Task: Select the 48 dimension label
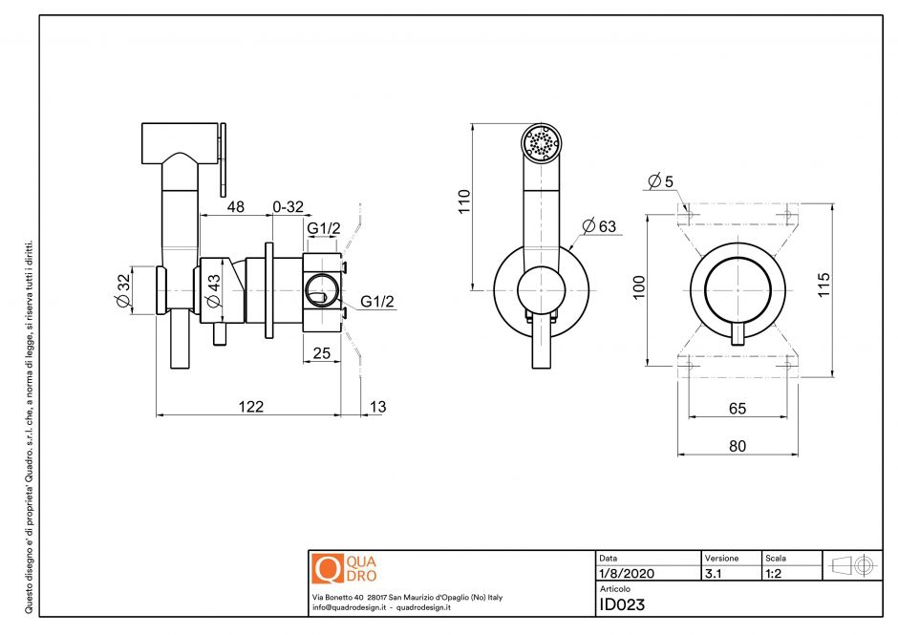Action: click(x=235, y=207)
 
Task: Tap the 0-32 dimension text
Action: click(x=288, y=207)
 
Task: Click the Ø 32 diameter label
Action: click(x=122, y=291)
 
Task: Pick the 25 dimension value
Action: click(x=321, y=353)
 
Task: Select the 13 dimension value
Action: click(x=377, y=407)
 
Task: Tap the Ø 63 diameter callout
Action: click(x=600, y=226)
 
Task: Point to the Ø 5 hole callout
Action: click(x=660, y=180)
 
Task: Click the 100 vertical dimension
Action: click(x=639, y=287)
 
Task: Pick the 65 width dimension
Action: click(x=737, y=408)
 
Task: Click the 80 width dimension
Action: click(x=737, y=444)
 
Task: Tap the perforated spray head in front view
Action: click(x=542, y=145)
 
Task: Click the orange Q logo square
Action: click(x=327, y=569)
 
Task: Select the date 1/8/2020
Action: click(x=626, y=574)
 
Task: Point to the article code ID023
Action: click(x=622, y=603)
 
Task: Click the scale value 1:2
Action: click(x=775, y=574)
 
